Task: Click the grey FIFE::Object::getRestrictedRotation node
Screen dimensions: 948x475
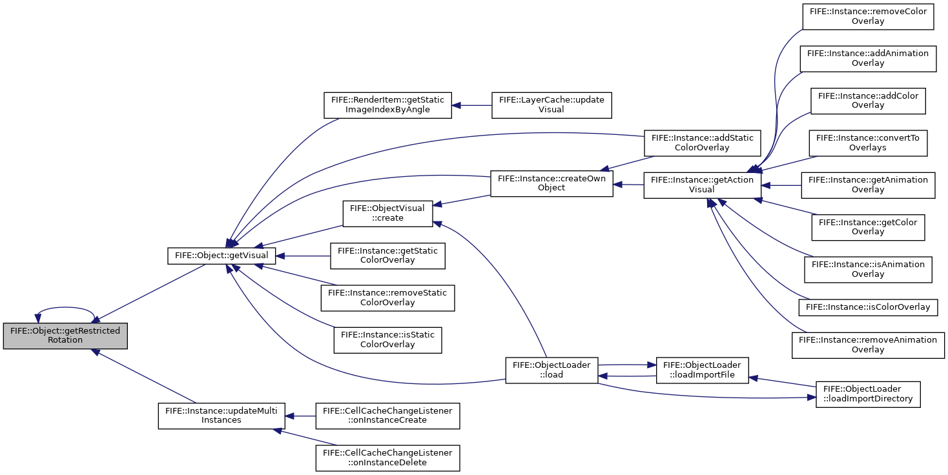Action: click(65, 336)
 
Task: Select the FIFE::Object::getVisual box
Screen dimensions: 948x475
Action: click(222, 256)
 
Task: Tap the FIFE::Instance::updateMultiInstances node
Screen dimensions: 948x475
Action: click(222, 416)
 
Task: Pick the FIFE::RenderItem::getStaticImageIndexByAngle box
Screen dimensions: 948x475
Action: click(387, 105)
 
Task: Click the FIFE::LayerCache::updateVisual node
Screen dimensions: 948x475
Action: click(551, 105)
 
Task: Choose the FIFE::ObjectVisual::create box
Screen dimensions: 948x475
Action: click(387, 214)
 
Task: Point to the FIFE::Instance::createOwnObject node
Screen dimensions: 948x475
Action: click(551, 183)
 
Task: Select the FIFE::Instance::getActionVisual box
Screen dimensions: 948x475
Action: click(702, 185)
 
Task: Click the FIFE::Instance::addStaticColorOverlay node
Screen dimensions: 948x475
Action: click(702, 143)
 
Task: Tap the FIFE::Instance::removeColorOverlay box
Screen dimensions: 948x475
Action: click(868, 17)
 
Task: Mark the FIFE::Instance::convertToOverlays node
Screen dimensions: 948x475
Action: click(868, 143)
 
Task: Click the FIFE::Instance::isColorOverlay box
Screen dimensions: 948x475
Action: click(868, 307)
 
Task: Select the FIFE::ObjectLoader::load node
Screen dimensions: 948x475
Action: click(551, 370)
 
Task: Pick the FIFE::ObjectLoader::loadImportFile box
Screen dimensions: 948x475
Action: click(702, 370)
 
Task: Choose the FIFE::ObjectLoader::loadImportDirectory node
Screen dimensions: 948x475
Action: click(868, 394)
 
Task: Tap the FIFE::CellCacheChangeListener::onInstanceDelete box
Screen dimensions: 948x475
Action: click(387, 458)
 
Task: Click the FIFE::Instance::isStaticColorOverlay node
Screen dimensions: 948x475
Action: click(387, 340)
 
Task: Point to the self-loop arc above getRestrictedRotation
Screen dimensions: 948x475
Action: click(65, 307)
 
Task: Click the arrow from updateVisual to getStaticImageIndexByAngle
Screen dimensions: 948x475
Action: click(472, 105)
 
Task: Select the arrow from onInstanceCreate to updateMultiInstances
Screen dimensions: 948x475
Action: click(300, 416)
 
